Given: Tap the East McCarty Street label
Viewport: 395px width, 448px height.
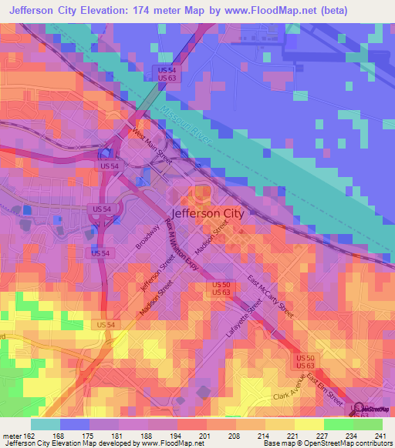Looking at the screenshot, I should (270, 297).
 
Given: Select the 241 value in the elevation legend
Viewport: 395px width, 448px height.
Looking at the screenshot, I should (381, 436).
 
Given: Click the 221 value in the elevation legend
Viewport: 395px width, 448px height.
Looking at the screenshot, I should (293, 436).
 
